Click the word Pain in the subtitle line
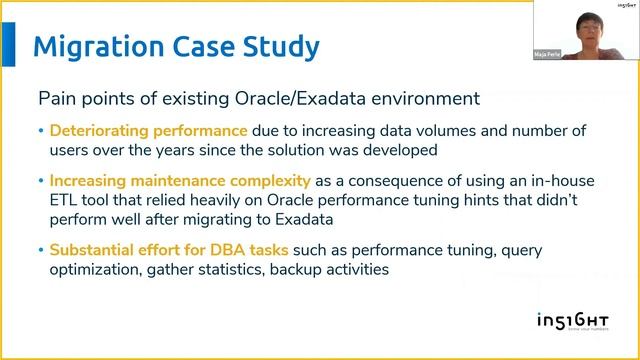55,99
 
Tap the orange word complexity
268,181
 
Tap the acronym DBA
228,250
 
